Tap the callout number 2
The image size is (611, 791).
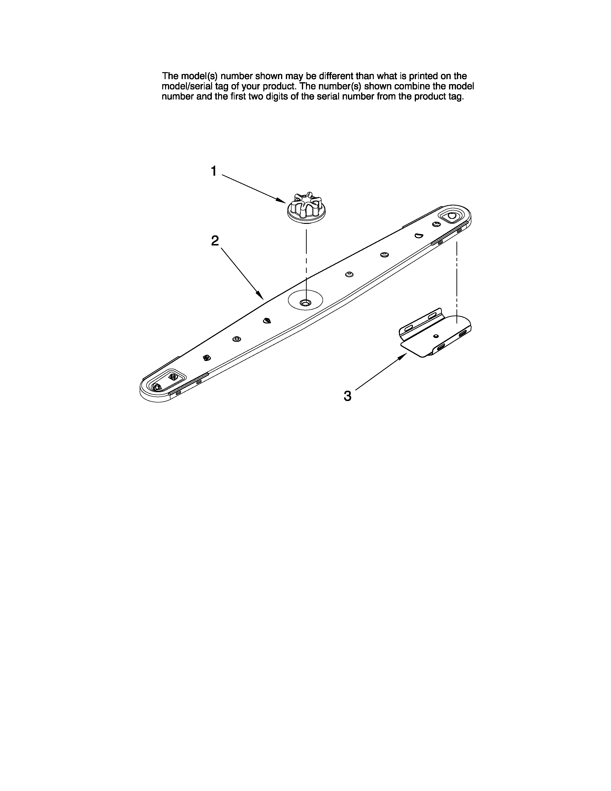pyautogui.click(x=215, y=240)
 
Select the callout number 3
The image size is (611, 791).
pyautogui.click(x=347, y=396)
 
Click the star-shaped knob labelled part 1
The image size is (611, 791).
pyautogui.click(x=305, y=208)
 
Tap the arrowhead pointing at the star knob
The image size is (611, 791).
pyautogui.click(x=281, y=200)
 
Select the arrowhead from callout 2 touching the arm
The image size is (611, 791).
pyautogui.click(x=260, y=296)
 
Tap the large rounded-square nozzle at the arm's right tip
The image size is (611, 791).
pyautogui.click(x=451, y=216)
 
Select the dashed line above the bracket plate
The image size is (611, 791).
pyautogui.click(x=457, y=279)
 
